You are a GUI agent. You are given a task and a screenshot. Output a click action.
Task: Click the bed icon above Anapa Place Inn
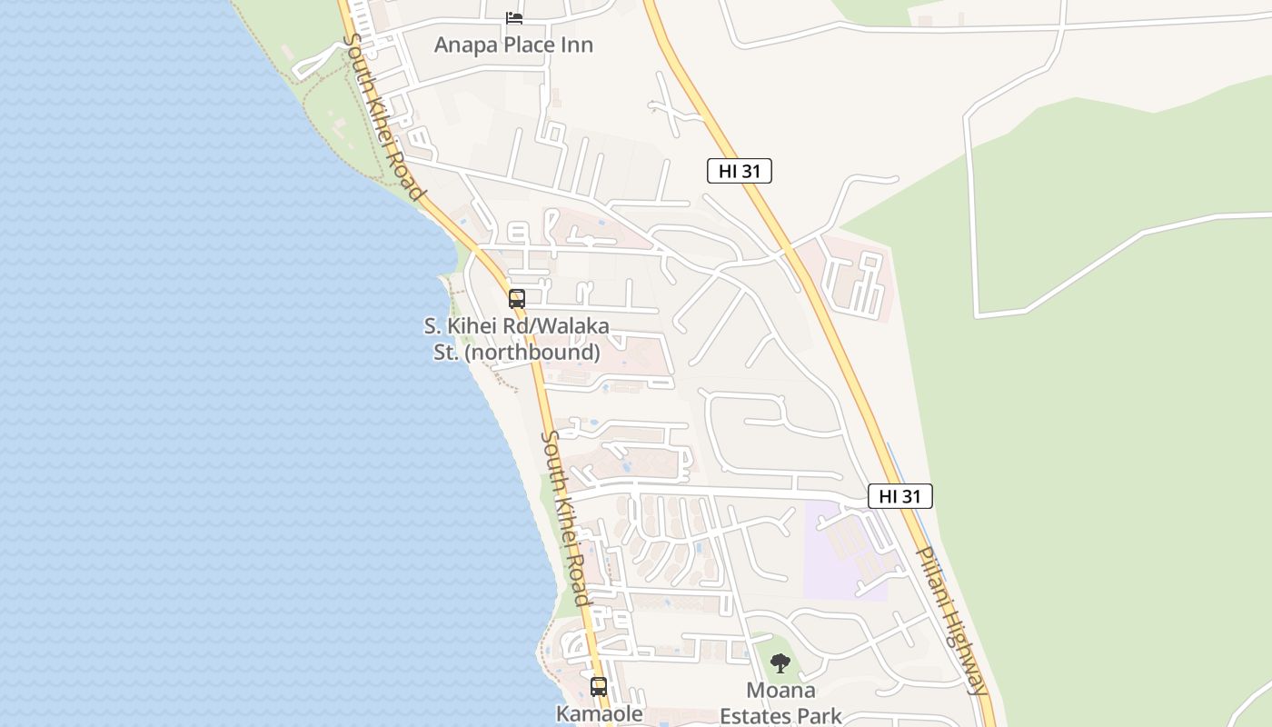514,18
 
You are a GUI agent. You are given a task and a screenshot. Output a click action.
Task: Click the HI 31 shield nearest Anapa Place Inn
739,171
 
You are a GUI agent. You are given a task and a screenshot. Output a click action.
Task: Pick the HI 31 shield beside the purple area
899,496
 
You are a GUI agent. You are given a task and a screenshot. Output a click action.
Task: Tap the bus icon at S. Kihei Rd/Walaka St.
516,298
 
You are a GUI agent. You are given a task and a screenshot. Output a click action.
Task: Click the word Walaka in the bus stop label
573,325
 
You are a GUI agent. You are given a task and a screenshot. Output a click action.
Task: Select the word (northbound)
532,352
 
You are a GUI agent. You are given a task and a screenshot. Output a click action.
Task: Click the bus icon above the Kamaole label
598,687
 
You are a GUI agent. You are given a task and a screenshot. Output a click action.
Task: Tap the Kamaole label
599,714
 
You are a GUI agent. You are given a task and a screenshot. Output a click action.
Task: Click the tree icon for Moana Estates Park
780,664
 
